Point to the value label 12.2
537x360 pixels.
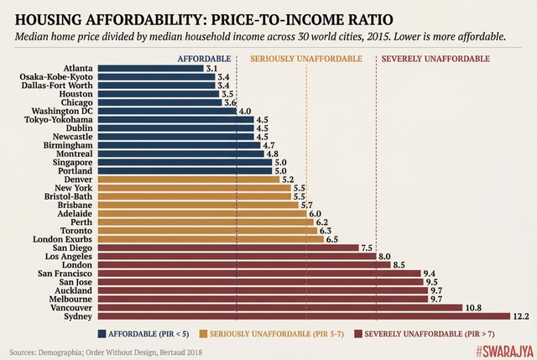[522, 316]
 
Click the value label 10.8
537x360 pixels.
[474, 307]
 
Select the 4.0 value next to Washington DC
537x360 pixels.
[246, 111]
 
